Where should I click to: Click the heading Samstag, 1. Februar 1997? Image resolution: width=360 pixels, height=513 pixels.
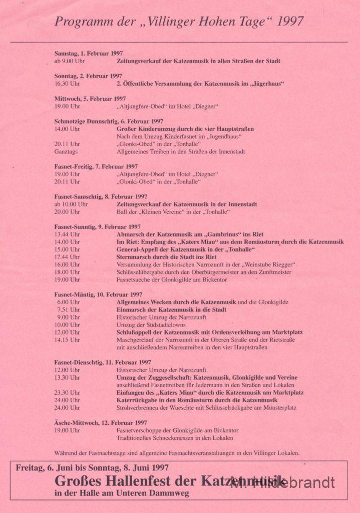89,54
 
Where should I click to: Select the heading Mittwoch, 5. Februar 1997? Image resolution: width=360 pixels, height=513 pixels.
90,99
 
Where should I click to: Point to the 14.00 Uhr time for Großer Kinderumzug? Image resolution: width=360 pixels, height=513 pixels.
67,129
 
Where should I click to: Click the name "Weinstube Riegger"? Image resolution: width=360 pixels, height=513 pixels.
266,265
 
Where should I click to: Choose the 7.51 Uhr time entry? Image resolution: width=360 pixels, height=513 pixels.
68,310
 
